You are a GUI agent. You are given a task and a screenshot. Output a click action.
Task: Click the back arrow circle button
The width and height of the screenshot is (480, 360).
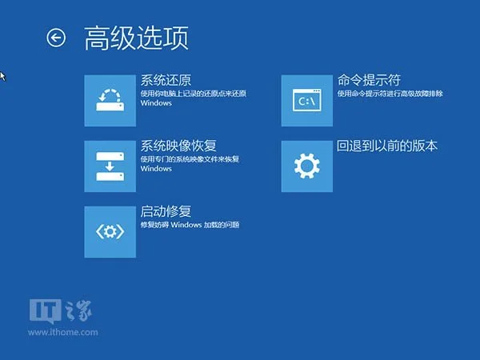[56, 38]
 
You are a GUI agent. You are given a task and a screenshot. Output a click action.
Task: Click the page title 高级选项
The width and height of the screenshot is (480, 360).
[136, 38]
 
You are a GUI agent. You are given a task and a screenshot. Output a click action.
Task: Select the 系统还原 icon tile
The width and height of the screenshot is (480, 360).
[110, 101]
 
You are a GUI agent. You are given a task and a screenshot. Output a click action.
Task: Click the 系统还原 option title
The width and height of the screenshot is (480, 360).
[166, 80]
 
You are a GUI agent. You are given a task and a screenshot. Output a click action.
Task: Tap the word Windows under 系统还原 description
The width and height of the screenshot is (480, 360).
[156, 103]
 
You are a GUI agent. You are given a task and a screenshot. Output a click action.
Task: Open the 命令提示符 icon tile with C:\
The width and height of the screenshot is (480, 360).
[307, 101]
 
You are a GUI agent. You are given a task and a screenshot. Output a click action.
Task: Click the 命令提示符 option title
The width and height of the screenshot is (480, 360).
[369, 80]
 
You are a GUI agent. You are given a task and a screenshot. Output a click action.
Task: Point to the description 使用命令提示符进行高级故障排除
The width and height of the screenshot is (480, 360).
[390, 94]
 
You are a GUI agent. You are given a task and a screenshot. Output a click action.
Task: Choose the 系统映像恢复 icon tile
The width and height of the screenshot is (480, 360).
[110, 166]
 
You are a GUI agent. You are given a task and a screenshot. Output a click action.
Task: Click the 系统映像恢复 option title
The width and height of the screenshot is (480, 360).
[178, 146]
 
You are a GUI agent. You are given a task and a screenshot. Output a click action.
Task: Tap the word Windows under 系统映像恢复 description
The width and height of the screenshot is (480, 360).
[156, 169]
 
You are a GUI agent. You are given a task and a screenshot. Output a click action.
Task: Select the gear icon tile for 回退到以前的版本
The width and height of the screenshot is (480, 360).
[307, 166]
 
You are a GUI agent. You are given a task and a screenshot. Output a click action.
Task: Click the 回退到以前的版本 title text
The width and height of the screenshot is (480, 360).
[387, 146]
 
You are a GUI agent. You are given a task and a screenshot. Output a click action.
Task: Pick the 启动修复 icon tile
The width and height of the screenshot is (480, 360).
[110, 232]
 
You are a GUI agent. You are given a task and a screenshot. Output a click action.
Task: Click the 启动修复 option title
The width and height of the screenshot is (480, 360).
[166, 211]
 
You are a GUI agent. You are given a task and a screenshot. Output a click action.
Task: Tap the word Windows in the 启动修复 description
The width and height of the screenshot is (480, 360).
[186, 225]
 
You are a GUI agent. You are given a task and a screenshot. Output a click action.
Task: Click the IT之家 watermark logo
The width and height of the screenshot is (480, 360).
[60, 311]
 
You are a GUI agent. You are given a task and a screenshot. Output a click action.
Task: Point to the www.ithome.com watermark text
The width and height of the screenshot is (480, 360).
[63, 333]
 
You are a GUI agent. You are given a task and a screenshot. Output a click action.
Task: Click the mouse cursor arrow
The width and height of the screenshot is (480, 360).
[2, 77]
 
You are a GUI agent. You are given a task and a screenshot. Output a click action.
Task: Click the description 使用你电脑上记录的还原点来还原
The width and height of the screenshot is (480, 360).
[193, 94]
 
